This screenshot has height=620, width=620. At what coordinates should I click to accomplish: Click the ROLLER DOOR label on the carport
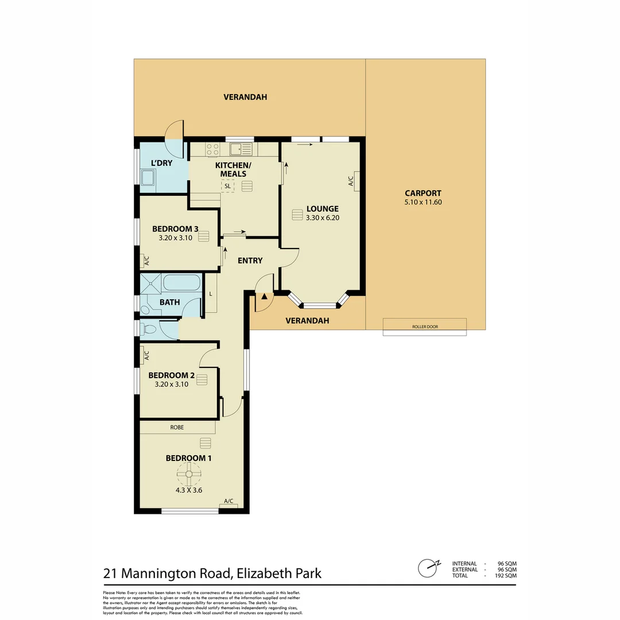[x=425, y=327]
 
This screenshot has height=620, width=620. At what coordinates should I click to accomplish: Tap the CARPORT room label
[x=423, y=193]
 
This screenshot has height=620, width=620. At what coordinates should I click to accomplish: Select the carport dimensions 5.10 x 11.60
[x=423, y=202]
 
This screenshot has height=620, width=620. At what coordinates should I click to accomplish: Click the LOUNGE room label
[x=322, y=209]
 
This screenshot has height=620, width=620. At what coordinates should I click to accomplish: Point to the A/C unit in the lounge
[x=356, y=181]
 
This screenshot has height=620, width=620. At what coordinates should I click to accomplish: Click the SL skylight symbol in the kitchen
[x=228, y=186]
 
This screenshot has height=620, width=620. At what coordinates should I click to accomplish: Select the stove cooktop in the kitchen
[x=212, y=149]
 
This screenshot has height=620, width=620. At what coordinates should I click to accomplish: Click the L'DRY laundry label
[x=161, y=163]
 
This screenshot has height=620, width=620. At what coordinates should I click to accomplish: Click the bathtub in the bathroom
[x=181, y=282]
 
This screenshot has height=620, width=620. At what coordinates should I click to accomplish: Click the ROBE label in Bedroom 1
[x=177, y=427]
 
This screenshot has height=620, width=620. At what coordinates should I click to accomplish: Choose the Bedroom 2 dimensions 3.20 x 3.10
[x=172, y=385]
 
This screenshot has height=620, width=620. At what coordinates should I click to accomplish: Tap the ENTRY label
[x=250, y=261]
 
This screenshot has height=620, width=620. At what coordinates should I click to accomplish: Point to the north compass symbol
[x=428, y=568]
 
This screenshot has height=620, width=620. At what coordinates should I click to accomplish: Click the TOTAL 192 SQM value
[x=507, y=575]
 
